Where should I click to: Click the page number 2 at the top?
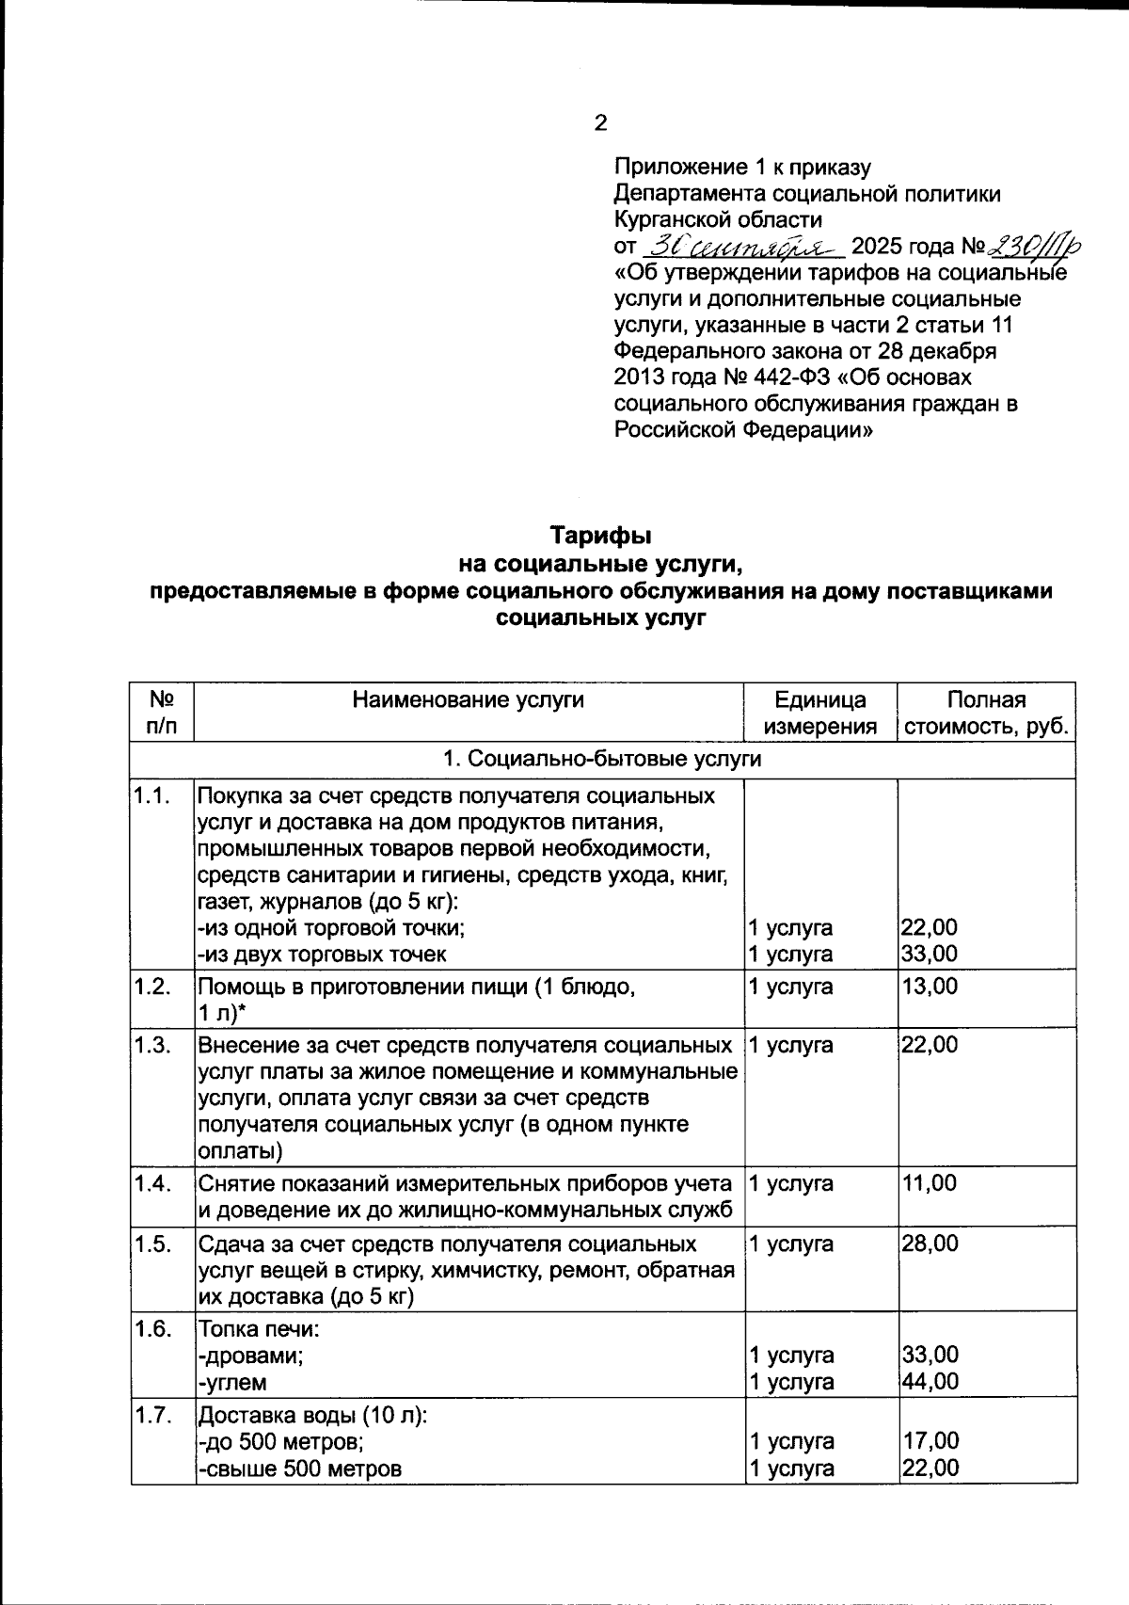(600, 123)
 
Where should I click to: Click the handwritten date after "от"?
(741, 248)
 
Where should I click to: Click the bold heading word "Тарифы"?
(601, 536)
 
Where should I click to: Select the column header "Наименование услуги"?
(468, 699)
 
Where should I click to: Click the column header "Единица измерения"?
(819, 713)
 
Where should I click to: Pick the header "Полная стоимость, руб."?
(986, 713)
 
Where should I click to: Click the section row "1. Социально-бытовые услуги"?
(602, 759)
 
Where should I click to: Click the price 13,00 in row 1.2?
(930, 987)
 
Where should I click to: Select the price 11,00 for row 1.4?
(929, 1183)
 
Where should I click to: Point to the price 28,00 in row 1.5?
(930, 1244)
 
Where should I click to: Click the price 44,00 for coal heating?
(930, 1381)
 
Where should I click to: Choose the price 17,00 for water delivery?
(930, 1441)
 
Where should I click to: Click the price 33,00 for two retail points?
(930, 954)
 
